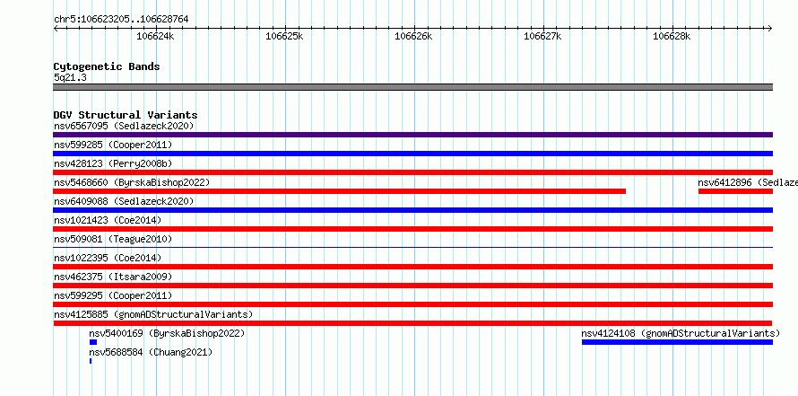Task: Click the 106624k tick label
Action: (156, 36)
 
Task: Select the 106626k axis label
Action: (413, 36)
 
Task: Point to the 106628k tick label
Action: (672, 36)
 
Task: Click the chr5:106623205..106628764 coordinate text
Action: (121, 20)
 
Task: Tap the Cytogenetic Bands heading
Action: (107, 66)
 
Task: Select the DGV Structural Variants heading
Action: (126, 115)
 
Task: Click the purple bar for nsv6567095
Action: (412, 135)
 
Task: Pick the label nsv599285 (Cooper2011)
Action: (113, 145)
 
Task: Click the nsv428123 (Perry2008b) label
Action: (113, 164)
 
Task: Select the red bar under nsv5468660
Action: (340, 191)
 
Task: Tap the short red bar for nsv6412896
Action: (735, 191)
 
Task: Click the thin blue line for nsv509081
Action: (412, 248)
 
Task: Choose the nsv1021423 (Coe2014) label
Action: (108, 221)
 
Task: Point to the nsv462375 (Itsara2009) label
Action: (113, 277)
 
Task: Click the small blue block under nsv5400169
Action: (93, 342)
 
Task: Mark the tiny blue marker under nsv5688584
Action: (91, 361)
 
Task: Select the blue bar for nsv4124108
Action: (677, 342)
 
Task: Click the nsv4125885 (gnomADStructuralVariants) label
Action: (153, 315)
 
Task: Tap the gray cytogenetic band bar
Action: (412, 87)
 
